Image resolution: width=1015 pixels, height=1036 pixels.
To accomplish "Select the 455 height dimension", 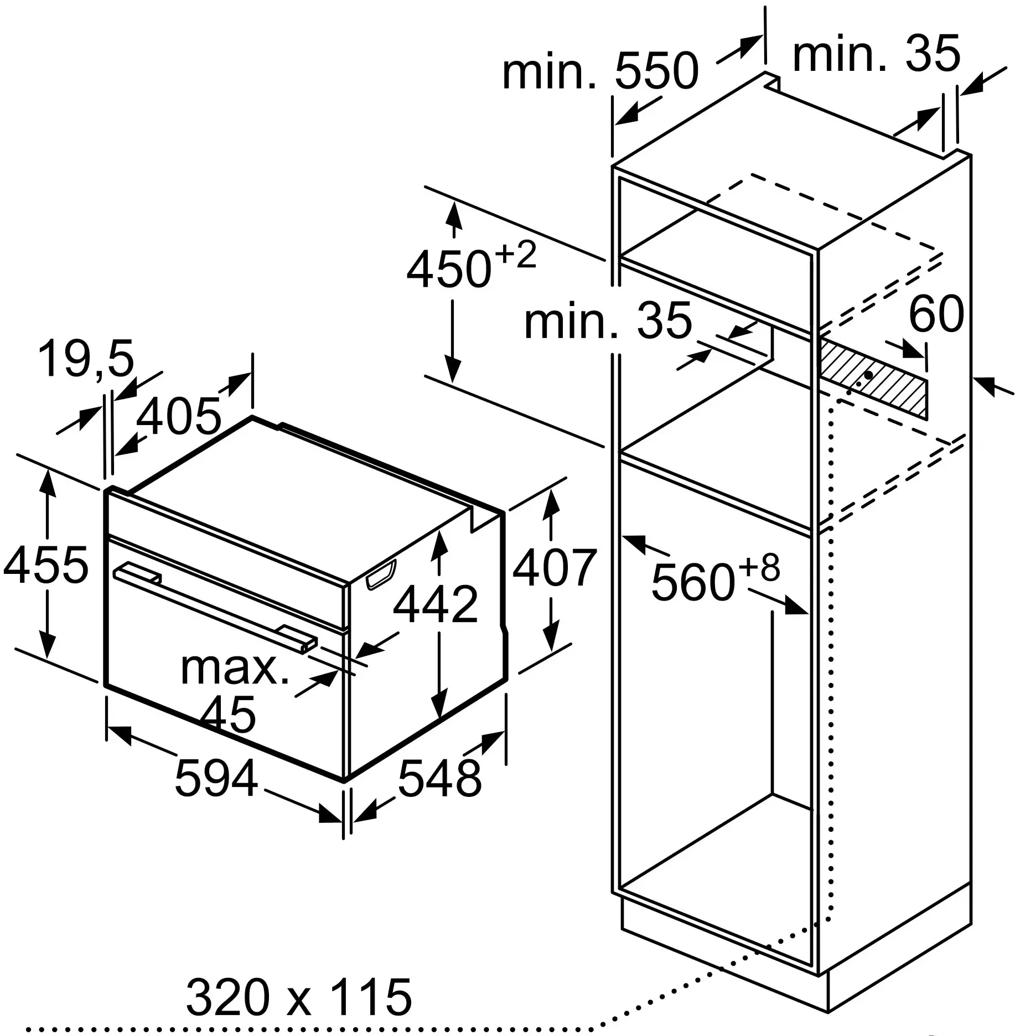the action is click(45, 565).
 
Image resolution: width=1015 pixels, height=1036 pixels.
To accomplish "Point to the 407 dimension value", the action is click(554, 568).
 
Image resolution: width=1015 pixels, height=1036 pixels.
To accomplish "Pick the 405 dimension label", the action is click(179, 416).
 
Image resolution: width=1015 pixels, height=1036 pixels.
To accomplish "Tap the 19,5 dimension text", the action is click(86, 359).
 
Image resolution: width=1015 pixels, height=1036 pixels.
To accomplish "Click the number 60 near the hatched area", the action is click(936, 314).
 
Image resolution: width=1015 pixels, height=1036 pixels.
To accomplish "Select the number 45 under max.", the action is click(228, 714).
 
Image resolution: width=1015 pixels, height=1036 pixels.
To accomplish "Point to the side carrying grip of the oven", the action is click(381, 573).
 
